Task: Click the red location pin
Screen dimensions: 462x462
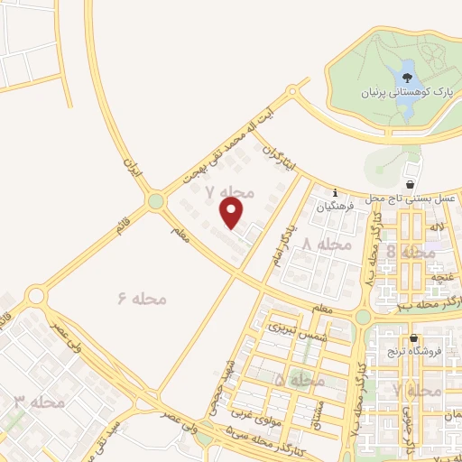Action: coord(233,213)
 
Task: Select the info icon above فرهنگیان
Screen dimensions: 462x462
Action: coord(335,192)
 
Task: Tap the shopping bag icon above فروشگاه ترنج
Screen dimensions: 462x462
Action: coord(414,339)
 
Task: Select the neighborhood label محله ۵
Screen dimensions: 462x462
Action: coord(299,382)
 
